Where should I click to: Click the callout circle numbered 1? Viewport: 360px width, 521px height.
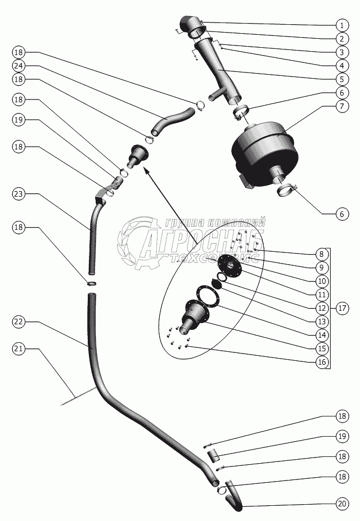tap(341, 25)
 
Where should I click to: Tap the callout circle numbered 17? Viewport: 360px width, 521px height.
tap(341, 308)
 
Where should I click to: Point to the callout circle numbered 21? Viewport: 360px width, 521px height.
tap(19, 349)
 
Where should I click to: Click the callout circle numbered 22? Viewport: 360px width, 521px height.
tap(19, 321)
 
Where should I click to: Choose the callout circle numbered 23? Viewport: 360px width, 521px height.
tap(19, 194)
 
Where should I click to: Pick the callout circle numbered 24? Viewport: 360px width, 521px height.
tap(19, 65)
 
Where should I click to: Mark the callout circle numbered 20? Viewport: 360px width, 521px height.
tap(341, 504)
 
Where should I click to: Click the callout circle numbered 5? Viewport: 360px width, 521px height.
tap(341, 79)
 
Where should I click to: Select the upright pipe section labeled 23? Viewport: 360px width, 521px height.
tap(93, 236)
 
